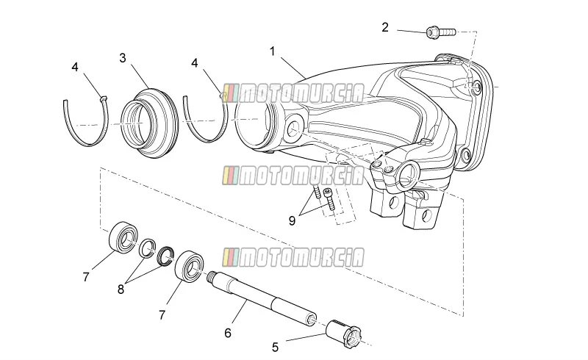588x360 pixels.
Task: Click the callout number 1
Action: click(x=273, y=51)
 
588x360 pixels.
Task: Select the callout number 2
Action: click(x=385, y=27)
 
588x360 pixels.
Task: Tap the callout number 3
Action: click(x=123, y=58)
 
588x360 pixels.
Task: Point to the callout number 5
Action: click(x=275, y=348)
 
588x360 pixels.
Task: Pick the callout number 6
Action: click(x=228, y=333)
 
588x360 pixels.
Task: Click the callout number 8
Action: click(x=121, y=289)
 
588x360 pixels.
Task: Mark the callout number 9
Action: click(x=292, y=221)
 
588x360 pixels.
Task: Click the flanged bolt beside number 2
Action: click(x=441, y=32)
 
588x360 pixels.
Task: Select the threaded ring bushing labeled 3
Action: click(x=150, y=123)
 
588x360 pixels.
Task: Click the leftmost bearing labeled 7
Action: click(x=123, y=237)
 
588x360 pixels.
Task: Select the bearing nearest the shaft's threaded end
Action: click(x=190, y=265)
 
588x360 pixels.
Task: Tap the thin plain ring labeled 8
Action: click(x=147, y=248)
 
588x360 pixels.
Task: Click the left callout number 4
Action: click(x=75, y=67)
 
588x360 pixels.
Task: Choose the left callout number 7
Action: click(x=86, y=277)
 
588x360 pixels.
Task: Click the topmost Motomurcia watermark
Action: click(x=293, y=93)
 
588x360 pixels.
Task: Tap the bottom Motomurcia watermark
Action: click(x=293, y=257)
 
